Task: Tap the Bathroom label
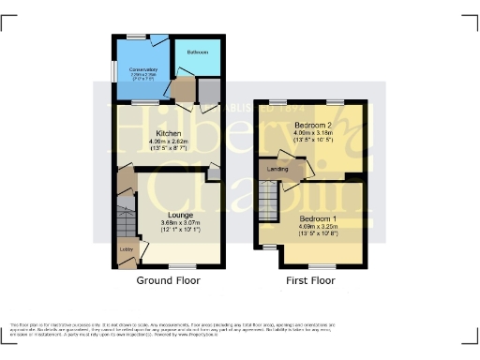coord(197,52)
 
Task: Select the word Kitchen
coord(169,134)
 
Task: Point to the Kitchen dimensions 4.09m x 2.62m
coord(169,142)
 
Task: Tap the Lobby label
coord(127,249)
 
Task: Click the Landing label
coord(277,169)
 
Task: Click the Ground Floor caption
coord(169,280)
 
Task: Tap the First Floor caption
coord(310,280)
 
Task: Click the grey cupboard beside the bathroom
coord(208,90)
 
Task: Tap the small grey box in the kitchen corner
coord(214,171)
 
